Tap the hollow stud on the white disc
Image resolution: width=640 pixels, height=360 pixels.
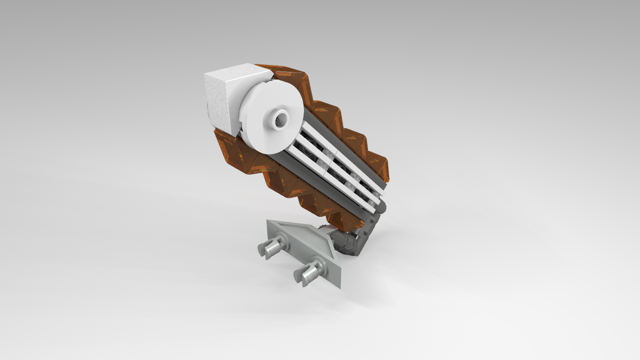pos(278,119)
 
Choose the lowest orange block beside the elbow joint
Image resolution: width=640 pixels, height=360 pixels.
pos(345,220)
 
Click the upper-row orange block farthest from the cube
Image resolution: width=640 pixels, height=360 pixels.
pos(380,165)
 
